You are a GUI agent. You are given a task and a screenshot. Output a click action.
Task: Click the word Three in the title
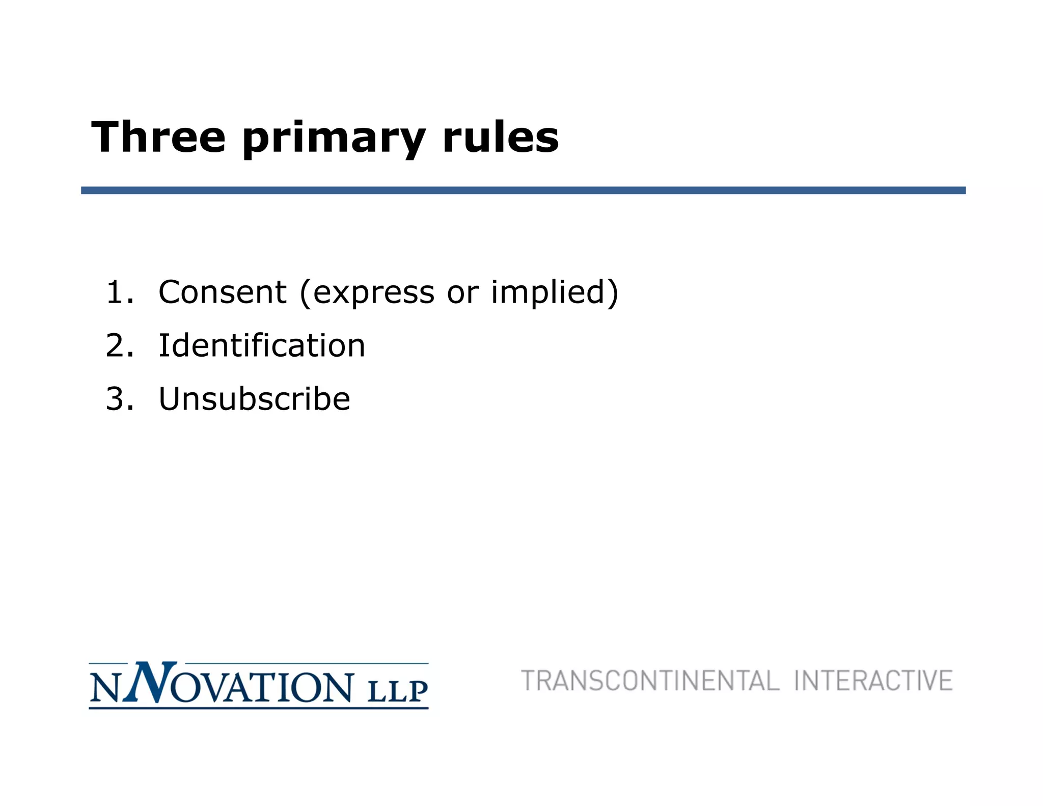point(158,137)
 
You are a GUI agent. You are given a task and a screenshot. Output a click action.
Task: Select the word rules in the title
point(501,137)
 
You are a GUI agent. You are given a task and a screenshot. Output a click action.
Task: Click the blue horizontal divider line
point(523,191)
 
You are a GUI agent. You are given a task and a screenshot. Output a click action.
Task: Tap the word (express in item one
point(367,293)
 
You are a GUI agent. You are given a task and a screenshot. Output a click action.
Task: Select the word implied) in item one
point(554,293)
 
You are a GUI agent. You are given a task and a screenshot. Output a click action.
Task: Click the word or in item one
point(462,293)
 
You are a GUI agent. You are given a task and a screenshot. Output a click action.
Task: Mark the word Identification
point(262,345)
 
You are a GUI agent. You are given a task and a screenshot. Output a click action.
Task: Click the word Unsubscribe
point(254,398)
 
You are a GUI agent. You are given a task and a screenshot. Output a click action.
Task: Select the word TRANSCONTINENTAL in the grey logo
point(650,681)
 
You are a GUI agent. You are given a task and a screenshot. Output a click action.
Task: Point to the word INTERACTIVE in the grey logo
point(873,681)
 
